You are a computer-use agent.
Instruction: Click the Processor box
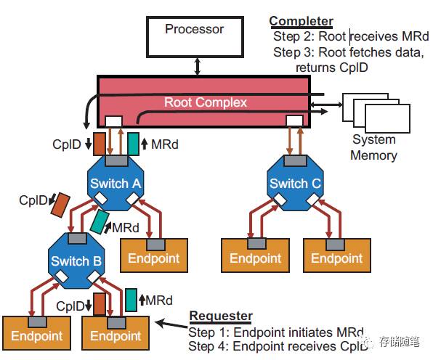point(195,37)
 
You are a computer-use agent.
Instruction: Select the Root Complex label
point(206,102)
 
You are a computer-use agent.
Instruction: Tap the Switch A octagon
point(116,183)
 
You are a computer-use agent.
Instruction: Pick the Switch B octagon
point(76,261)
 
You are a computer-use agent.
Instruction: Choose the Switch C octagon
point(295,183)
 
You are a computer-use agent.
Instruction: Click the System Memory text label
point(373,147)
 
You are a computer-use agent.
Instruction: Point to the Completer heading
point(301,21)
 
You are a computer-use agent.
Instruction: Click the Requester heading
point(221,316)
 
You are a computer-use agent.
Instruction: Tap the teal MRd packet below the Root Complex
point(134,144)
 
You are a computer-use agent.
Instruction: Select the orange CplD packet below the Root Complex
point(99,144)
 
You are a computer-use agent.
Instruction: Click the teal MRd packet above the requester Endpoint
point(131,300)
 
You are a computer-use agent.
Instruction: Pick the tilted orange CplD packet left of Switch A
point(60,205)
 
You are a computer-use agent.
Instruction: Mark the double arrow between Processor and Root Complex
point(197,66)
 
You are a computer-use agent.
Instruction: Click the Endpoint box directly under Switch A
point(154,255)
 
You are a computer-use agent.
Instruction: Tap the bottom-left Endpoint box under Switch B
point(37,333)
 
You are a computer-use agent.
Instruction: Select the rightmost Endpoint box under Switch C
point(337,255)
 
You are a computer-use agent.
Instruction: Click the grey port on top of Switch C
point(296,160)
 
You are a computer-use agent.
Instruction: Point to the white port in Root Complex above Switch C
point(294,120)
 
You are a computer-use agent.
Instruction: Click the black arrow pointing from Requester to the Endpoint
point(171,324)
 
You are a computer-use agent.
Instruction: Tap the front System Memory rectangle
point(387,118)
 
